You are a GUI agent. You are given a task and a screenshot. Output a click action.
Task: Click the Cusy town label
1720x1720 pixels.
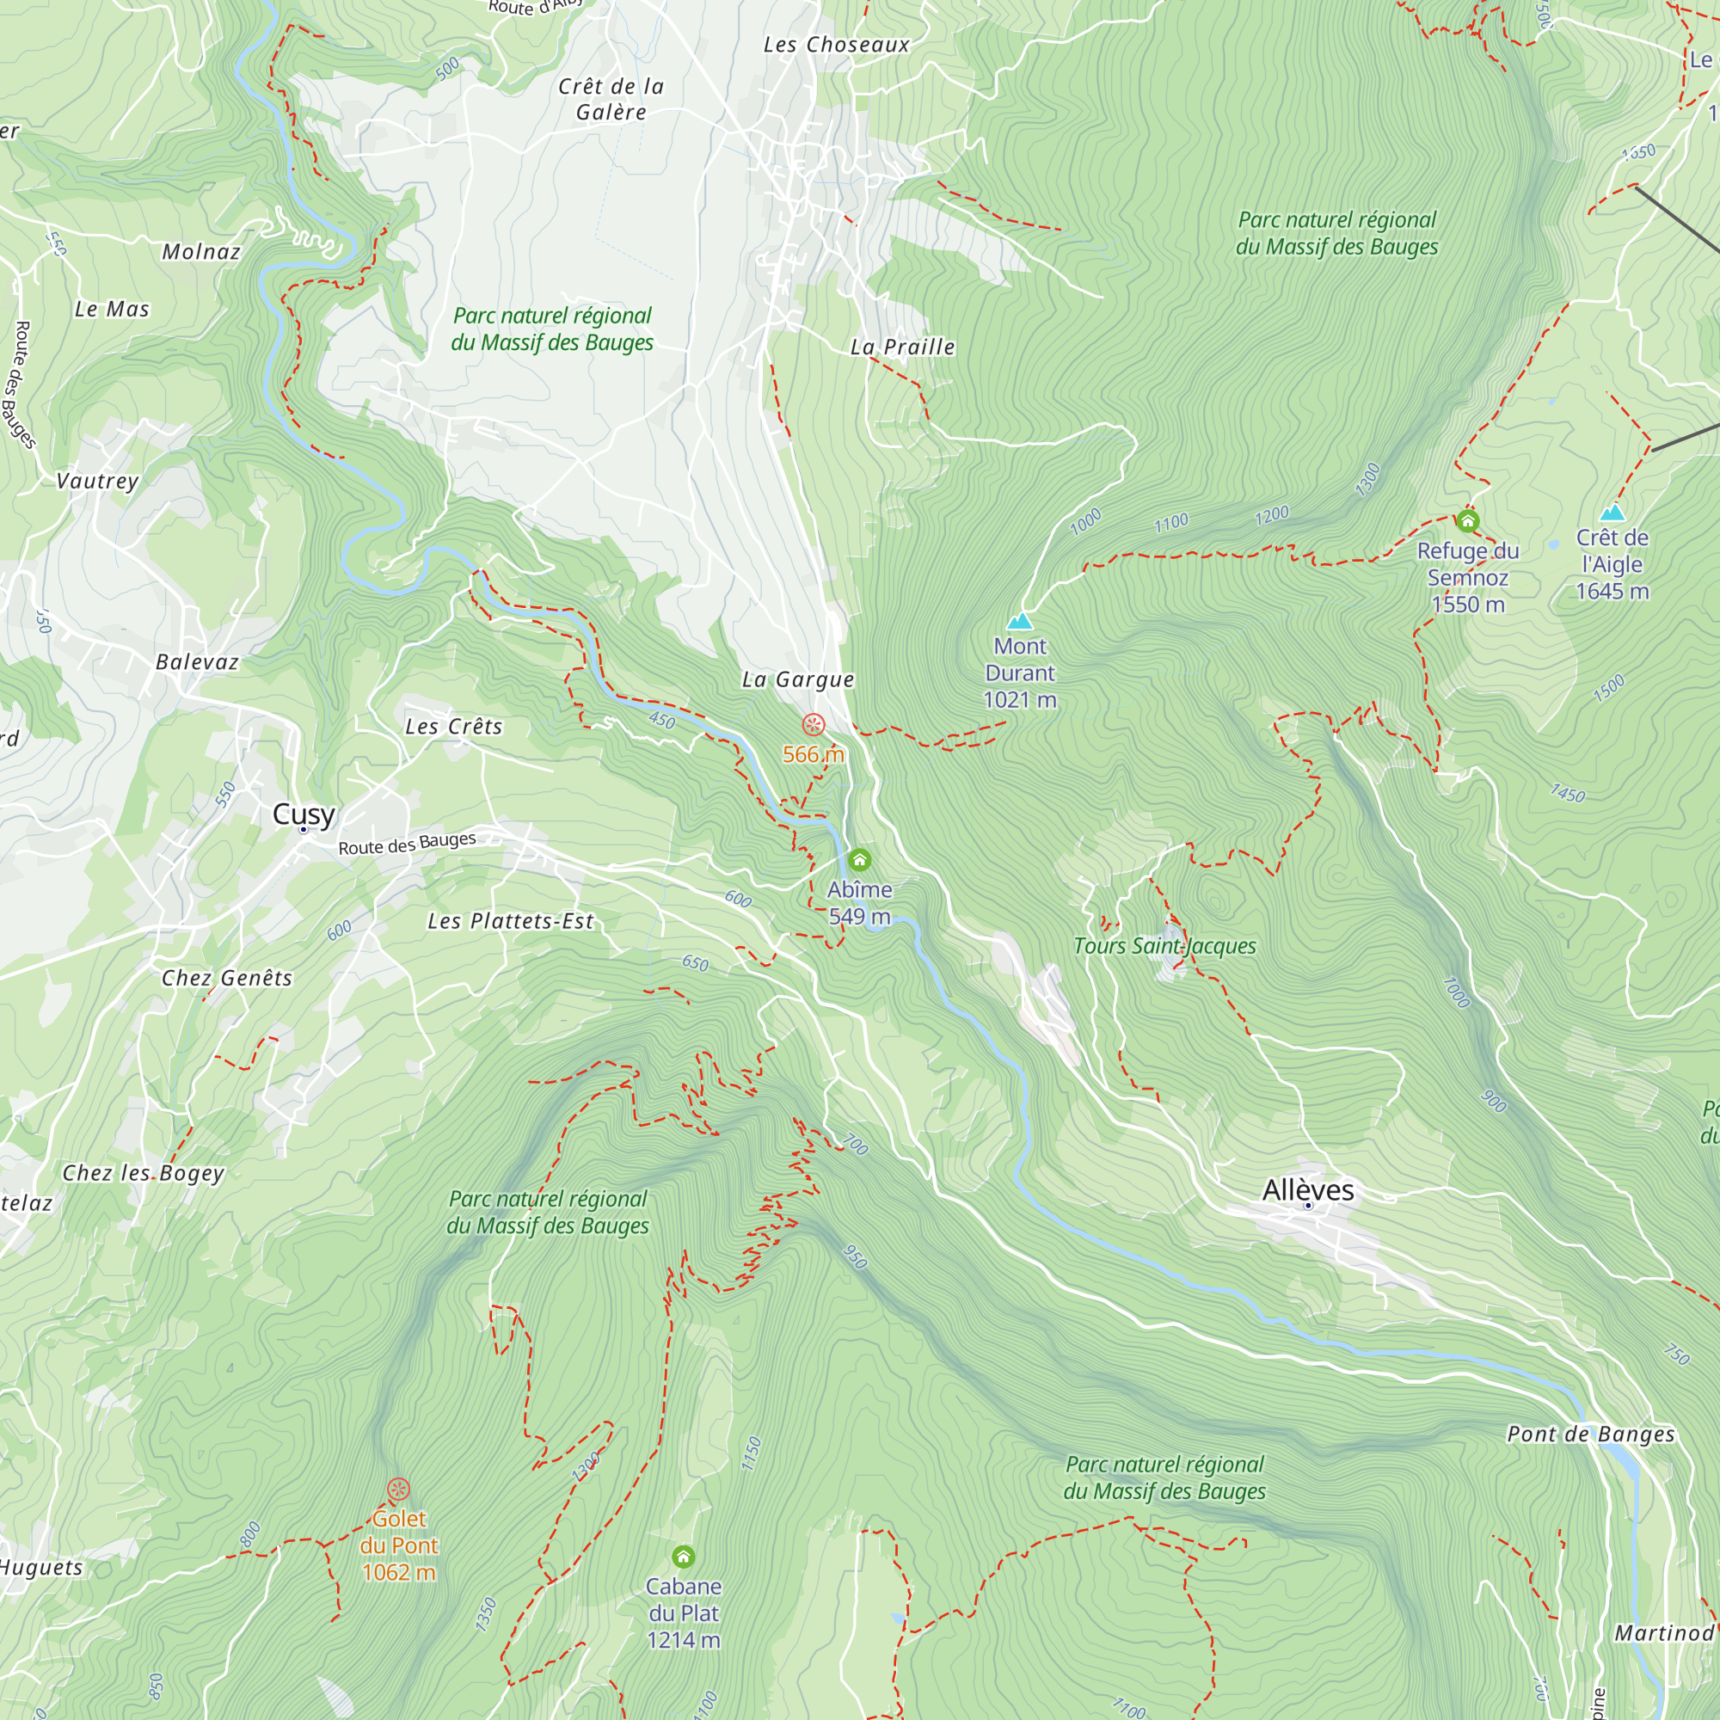coord(304,814)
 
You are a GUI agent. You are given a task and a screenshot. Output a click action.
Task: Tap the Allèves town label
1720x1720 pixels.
coord(1308,1189)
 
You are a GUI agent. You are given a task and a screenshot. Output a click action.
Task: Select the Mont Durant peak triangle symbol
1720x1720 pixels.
coord(1019,621)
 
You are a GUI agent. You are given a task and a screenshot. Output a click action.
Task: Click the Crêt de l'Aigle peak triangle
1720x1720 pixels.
coord(1612,513)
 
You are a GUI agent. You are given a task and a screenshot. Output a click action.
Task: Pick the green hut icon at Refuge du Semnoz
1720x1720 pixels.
coord(1467,521)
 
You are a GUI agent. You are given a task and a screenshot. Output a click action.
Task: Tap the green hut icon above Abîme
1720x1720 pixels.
coord(859,860)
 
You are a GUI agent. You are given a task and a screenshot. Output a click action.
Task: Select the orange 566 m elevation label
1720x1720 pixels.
coord(813,754)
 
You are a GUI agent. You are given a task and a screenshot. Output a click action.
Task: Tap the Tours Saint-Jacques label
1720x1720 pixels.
coord(1164,945)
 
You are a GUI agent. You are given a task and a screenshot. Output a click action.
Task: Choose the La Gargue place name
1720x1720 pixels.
coord(798,680)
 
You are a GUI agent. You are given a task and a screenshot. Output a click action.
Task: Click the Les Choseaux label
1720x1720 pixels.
coord(837,45)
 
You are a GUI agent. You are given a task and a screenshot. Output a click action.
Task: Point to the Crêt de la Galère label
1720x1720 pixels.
coord(611,99)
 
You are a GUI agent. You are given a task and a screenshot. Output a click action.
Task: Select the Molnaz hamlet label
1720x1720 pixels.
coord(201,252)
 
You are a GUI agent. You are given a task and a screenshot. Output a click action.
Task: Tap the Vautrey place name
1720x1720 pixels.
coord(98,481)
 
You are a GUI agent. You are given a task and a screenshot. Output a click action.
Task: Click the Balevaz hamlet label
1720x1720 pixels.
coord(198,661)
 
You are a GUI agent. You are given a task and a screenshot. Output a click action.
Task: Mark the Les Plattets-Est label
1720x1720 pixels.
coord(510,921)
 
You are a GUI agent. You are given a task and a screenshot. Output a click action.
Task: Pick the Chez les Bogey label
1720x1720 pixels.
coord(144,1172)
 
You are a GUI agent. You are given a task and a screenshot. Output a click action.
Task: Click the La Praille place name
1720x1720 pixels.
coord(903,347)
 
